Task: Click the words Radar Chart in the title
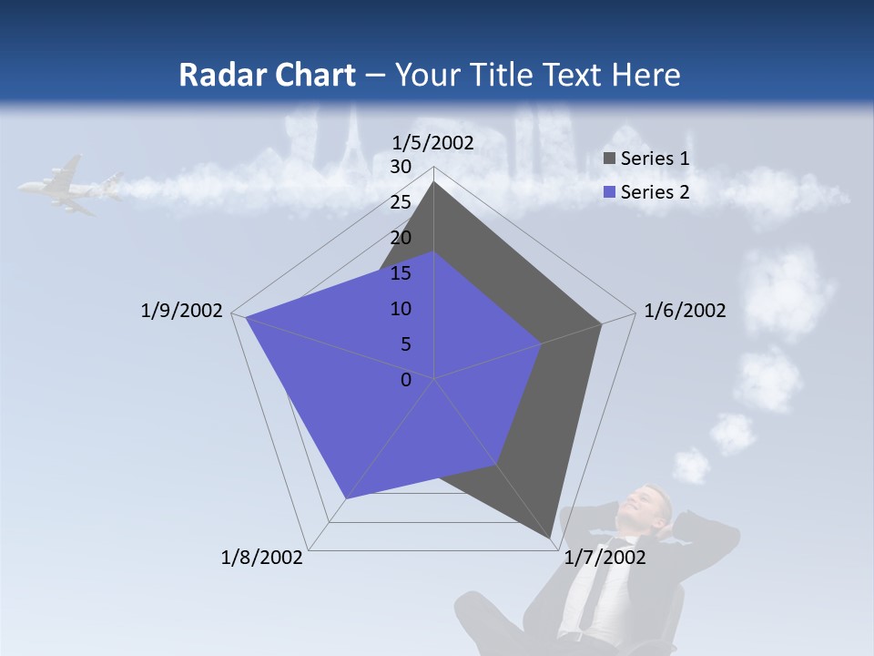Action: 267,75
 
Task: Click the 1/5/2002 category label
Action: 433,142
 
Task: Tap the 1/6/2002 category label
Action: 685,311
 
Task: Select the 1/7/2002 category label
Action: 605,557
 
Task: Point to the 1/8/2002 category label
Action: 262,557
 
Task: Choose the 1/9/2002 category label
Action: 182,311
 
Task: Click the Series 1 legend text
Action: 655,159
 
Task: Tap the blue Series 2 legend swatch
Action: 610,192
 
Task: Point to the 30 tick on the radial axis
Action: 401,167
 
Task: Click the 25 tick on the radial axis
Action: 401,202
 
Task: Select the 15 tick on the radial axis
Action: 401,273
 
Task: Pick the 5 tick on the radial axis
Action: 405,344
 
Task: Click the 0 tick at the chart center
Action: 406,380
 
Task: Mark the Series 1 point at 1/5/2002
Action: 434,182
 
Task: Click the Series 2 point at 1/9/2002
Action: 246,317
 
